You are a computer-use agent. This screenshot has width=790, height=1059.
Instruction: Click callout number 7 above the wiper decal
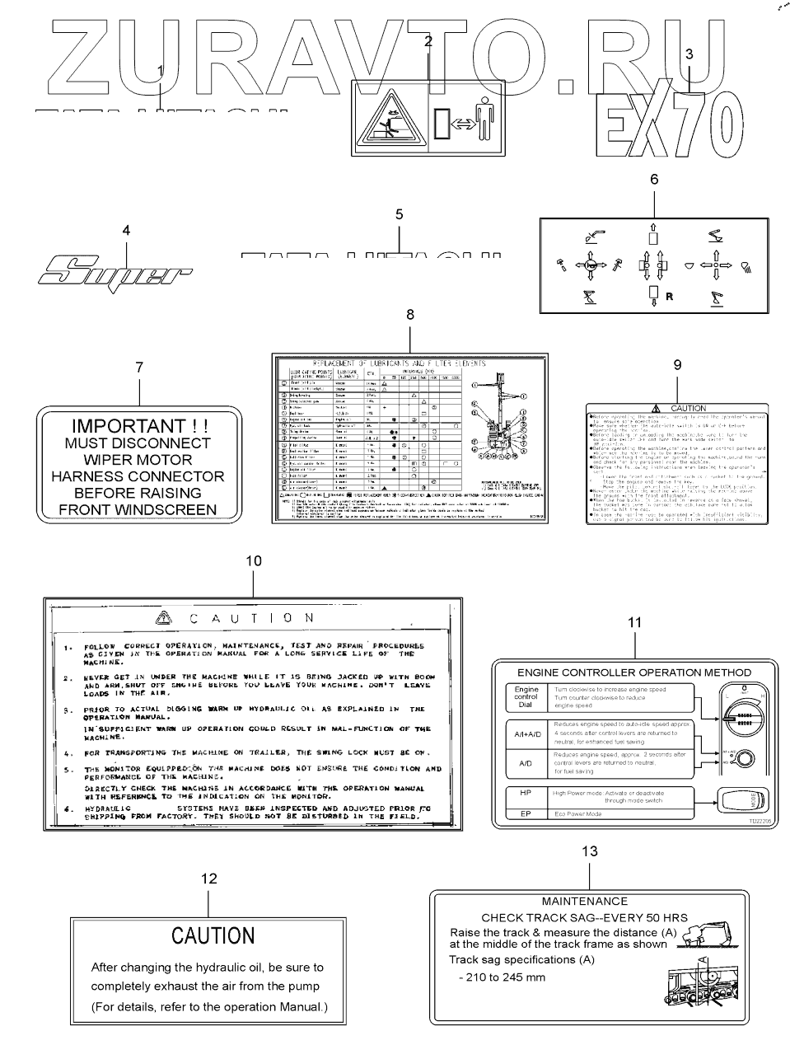(x=139, y=367)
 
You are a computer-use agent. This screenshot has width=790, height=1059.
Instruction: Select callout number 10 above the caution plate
(x=254, y=560)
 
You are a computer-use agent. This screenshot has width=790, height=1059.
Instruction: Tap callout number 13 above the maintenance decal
(x=590, y=851)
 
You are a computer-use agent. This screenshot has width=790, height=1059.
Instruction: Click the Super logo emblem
(x=115, y=269)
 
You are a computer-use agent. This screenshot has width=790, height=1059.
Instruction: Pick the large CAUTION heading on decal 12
(x=213, y=935)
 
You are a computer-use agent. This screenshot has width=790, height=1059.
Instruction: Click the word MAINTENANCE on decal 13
(x=585, y=902)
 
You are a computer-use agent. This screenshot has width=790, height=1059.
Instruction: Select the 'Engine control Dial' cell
(x=526, y=697)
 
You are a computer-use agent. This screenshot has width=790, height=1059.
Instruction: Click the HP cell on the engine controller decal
(x=526, y=793)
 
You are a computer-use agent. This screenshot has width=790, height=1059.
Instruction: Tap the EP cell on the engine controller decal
(x=526, y=813)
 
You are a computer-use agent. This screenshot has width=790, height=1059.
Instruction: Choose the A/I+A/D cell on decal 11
(x=527, y=733)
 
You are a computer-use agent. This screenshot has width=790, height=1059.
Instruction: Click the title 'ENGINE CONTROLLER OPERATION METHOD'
(x=634, y=672)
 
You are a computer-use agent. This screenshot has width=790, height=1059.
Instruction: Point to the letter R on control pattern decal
(x=669, y=297)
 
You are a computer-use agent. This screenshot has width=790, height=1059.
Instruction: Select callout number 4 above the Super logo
(x=126, y=231)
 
